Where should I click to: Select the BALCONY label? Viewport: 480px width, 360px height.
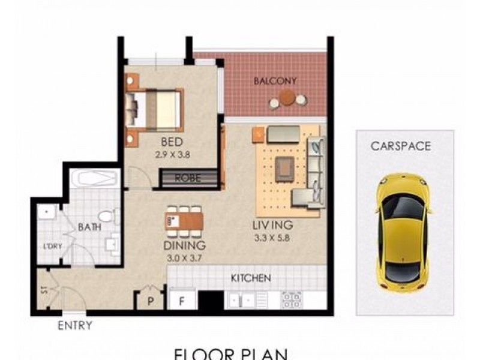275,80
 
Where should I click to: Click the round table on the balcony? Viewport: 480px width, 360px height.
287,97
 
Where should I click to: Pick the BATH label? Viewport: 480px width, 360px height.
89,227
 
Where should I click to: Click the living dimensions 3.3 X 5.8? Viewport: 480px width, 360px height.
271,238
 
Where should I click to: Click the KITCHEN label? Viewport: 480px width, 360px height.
251,278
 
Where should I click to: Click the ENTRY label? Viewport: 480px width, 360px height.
74,326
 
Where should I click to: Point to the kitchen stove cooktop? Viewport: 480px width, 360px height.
292,298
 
